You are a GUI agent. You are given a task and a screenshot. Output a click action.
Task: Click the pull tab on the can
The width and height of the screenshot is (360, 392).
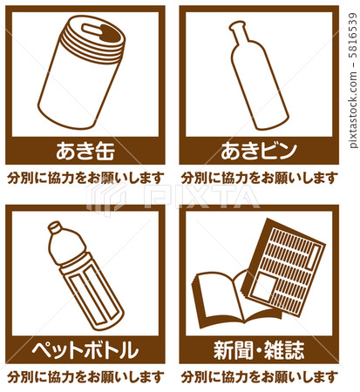(92, 30)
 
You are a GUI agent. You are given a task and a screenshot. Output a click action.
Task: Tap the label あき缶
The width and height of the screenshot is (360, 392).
(85, 151)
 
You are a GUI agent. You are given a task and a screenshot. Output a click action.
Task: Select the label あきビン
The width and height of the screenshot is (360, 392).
(259, 151)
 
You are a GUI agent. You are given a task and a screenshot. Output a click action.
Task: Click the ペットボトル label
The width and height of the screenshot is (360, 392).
(85, 350)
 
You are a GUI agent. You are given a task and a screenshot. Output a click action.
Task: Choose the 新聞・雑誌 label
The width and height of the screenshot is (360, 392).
(259, 350)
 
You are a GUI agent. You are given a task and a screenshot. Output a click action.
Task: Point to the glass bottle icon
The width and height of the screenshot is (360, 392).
(258, 76)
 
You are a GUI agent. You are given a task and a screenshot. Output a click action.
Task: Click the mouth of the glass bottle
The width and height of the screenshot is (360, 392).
(237, 26)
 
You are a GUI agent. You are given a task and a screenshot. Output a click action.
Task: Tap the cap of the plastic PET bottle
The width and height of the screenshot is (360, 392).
(55, 227)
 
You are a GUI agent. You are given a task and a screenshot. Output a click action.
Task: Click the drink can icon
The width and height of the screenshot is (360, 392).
(82, 72)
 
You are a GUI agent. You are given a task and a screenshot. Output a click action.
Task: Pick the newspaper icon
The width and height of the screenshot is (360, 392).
(283, 267)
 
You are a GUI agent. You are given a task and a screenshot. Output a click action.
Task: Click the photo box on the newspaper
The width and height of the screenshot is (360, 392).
(264, 287)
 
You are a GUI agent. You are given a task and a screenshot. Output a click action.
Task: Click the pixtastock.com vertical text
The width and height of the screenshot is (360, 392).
(352, 80)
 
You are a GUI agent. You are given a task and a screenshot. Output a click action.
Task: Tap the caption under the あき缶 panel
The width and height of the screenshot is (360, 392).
(85, 178)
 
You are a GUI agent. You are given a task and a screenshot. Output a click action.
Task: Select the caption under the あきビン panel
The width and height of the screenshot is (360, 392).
(260, 178)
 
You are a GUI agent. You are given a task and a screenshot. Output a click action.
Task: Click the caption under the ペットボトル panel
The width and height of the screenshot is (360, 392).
(85, 377)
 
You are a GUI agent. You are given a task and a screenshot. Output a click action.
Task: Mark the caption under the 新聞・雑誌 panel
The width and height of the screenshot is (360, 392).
(260, 377)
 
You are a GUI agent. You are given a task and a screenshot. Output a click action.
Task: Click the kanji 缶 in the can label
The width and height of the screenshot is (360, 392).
(105, 151)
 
